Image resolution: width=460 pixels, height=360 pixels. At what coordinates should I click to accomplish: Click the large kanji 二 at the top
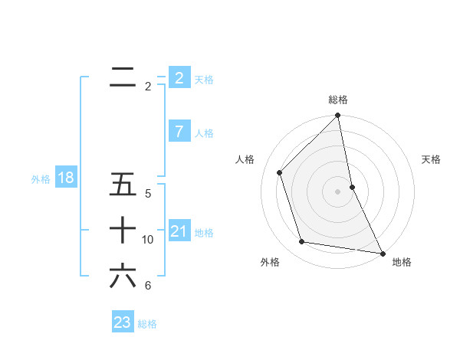[123, 77]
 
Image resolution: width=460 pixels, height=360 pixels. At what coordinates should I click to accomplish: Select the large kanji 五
[123, 185]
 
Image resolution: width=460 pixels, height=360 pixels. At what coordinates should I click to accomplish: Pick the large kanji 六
[123, 276]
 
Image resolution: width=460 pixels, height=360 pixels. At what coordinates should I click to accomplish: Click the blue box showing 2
[179, 77]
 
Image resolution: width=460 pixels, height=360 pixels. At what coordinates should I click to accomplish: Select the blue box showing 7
[179, 132]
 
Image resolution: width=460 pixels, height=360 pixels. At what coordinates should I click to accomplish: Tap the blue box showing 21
[179, 231]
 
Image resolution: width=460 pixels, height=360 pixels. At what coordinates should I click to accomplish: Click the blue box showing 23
[122, 322]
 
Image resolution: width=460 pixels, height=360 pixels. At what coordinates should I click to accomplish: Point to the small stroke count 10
[148, 240]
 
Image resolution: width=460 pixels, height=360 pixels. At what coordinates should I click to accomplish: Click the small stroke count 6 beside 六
[148, 286]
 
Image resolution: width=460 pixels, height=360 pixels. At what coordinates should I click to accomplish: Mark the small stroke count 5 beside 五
[148, 194]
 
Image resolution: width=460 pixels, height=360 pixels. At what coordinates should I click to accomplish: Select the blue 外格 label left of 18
[41, 179]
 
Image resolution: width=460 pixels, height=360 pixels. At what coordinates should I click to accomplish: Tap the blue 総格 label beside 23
[147, 324]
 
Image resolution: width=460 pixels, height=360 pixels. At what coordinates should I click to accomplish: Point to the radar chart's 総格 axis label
[338, 100]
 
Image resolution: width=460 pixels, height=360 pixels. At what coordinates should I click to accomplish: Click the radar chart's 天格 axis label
[432, 159]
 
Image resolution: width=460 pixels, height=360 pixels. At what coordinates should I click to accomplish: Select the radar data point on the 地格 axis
[382, 253]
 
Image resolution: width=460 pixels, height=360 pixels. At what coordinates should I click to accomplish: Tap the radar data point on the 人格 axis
[280, 172]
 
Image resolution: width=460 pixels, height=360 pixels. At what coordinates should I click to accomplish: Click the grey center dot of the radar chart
[338, 191]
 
